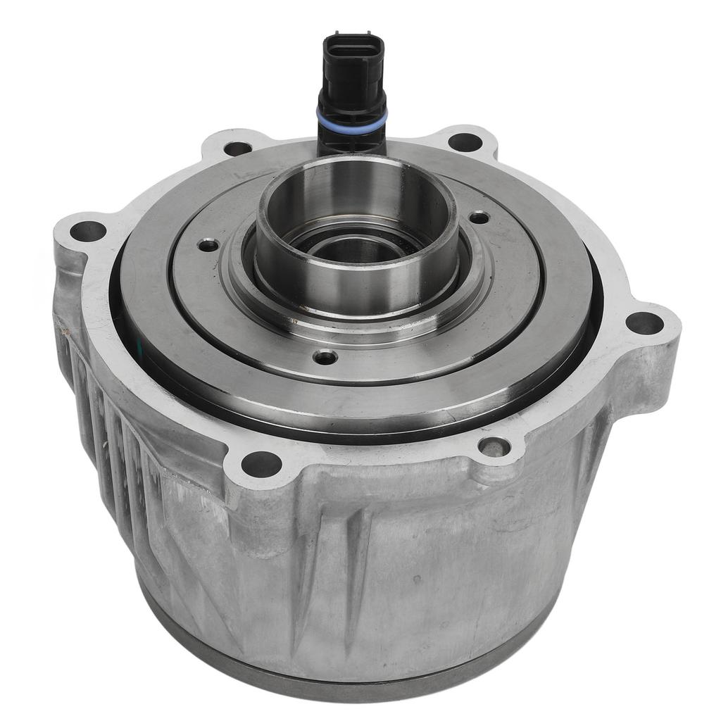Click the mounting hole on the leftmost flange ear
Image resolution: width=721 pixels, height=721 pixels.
click(x=88, y=231)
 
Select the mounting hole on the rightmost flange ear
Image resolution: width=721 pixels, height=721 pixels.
click(x=644, y=323)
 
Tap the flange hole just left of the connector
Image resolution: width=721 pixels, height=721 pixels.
click(x=237, y=149)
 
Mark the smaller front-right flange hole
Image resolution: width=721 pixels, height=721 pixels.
click(x=493, y=446)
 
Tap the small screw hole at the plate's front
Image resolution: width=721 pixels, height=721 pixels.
click(x=325, y=358)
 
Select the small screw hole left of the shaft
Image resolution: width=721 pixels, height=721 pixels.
click(x=208, y=245)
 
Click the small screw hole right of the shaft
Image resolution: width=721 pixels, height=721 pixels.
click(x=479, y=218)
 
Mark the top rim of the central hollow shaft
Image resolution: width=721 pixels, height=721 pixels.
click(x=356, y=165)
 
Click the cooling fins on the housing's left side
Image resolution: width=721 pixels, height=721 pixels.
click(x=106, y=422)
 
